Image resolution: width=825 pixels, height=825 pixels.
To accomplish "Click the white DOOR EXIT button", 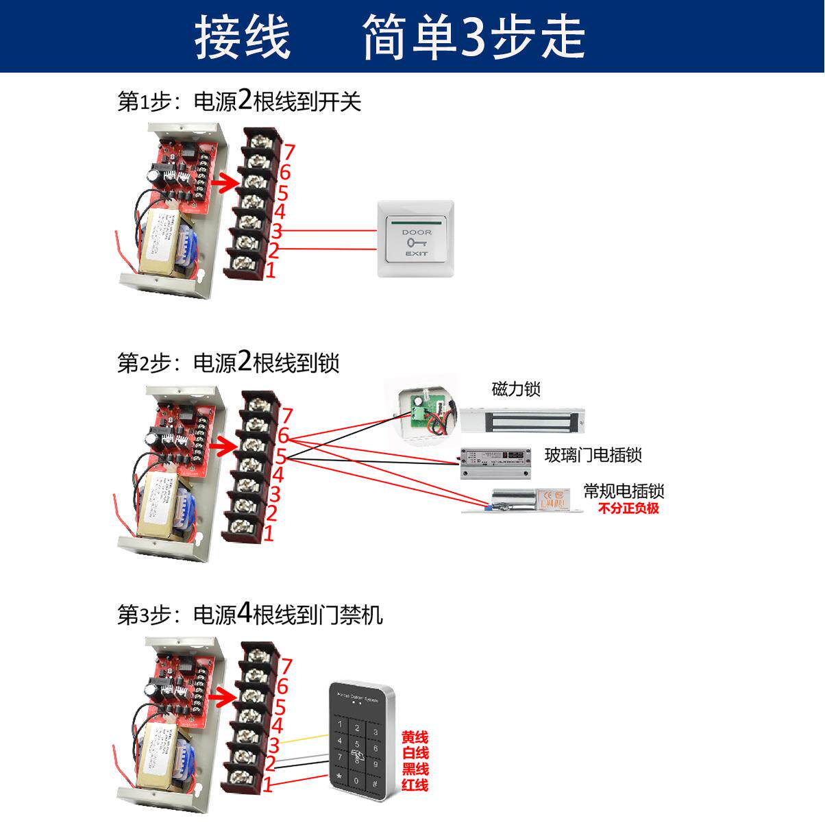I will click(x=416, y=238).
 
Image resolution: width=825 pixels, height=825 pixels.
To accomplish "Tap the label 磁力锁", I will click(x=516, y=389).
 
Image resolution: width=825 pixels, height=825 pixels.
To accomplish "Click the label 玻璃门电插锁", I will click(x=593, y=455).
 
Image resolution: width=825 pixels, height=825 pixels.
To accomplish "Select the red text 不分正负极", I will click(x=628, y=508).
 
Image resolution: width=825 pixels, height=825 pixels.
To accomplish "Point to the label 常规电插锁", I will click(x=624, y=491).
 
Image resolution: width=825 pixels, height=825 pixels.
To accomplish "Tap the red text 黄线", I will click(x=415, y=737).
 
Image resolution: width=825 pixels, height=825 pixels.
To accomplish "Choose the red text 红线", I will click(x=415, y=785).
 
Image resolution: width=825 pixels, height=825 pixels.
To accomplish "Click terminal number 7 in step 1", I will click(x=288, y=151).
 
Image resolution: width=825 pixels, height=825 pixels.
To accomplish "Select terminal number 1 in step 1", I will click(x=270, y=270).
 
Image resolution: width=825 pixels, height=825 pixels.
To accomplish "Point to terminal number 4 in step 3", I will click(x=277, y=726).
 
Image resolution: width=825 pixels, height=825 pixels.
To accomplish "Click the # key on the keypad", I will click(x=374, y=783).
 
